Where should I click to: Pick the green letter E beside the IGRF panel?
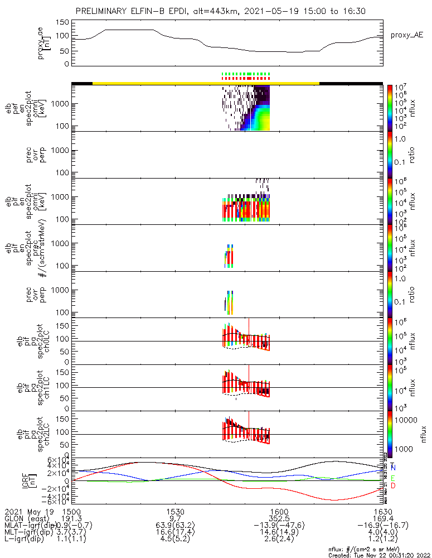(x=394, y=478)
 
